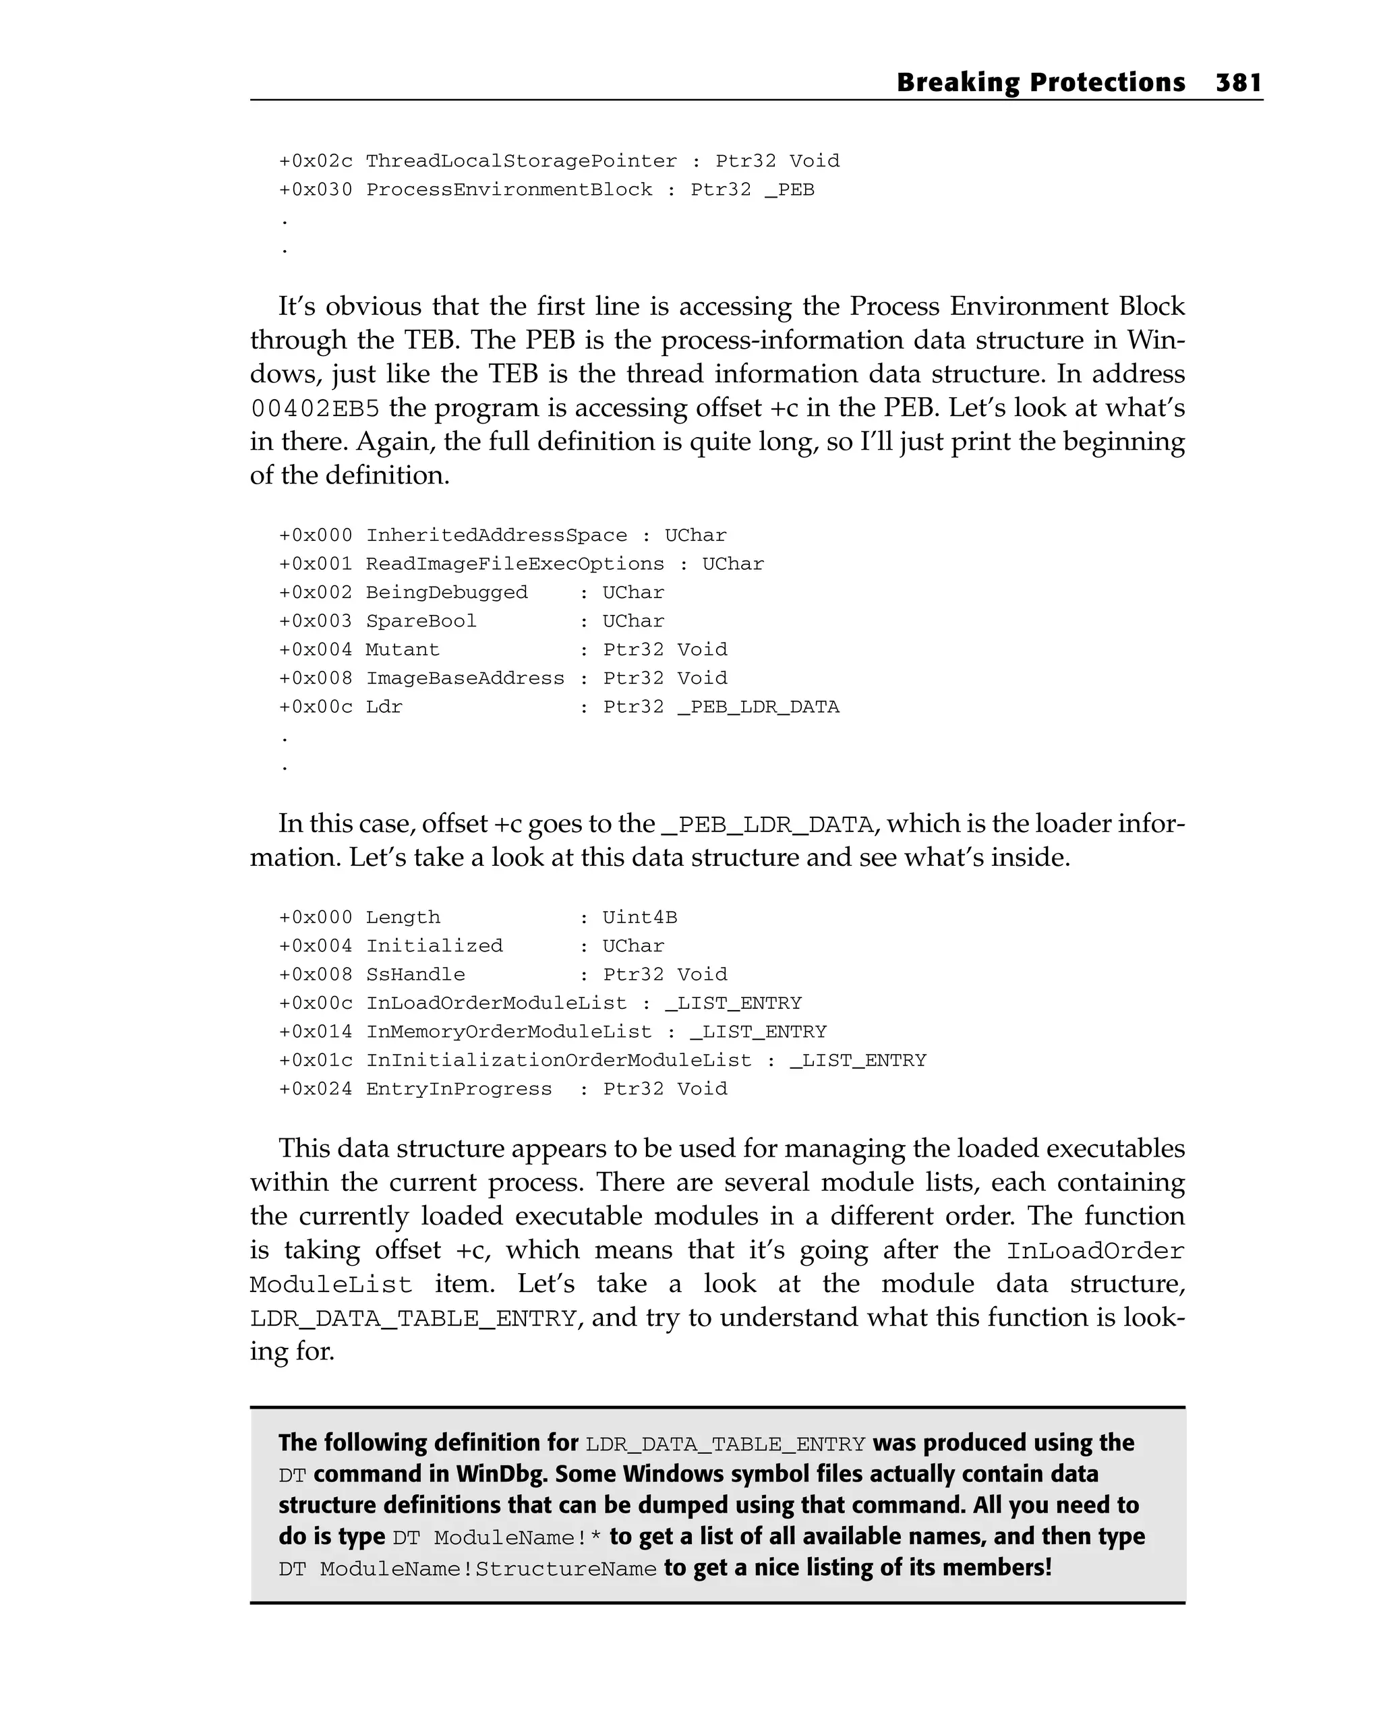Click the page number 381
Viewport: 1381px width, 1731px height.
click(1239, 83)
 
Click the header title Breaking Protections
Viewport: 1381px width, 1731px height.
click(1040, 83)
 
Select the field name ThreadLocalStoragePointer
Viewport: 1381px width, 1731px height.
click(521, 161)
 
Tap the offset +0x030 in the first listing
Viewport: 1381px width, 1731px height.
click(316, 190)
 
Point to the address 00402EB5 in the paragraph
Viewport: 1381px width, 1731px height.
click(315, 409)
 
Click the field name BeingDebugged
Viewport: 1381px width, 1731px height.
click(446, 593)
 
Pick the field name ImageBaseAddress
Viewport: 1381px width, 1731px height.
click(465, 678)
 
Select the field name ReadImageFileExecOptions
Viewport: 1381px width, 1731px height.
click(515, 564)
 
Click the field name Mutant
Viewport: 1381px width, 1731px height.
click(403, 649)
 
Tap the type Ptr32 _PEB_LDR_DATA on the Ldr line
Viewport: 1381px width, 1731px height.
click(721, 707)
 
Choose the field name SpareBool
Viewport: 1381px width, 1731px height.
click(421, 622)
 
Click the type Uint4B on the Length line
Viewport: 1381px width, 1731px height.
click(640, 918)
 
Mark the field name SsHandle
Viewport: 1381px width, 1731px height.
click(415, 974)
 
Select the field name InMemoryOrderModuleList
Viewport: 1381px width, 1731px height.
click(509, 1032)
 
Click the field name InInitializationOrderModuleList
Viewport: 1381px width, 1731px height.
click(559, 1061)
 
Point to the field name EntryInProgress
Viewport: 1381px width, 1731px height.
click(459, 1090)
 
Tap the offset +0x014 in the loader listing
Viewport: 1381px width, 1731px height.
click(316, 1032)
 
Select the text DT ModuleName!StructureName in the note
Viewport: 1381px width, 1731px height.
click(467, 1568)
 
